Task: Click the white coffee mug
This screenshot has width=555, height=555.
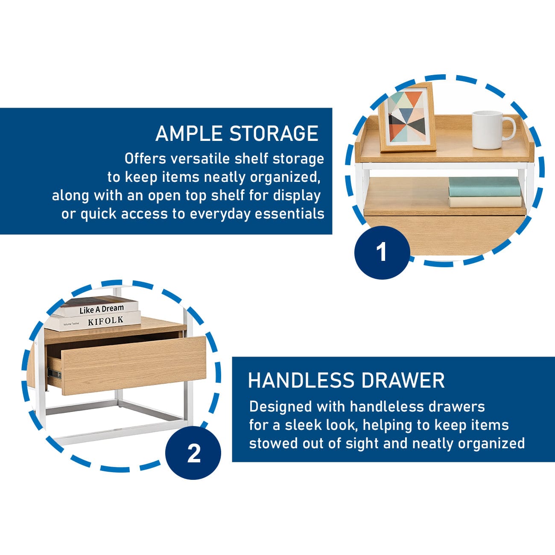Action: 493,130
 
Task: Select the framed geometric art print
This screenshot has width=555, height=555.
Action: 407,117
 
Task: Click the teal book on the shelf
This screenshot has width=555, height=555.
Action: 485,186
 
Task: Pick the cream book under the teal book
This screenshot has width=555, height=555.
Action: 485,202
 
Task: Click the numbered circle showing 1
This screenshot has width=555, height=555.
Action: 382,252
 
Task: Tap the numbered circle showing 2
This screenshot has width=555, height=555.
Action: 193,453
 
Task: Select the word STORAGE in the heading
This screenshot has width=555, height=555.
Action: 274,134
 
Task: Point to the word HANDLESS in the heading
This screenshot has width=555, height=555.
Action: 301,380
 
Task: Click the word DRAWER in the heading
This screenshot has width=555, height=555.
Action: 403,380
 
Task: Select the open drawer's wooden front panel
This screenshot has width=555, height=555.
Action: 134,365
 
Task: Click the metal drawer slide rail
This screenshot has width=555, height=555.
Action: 55,374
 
